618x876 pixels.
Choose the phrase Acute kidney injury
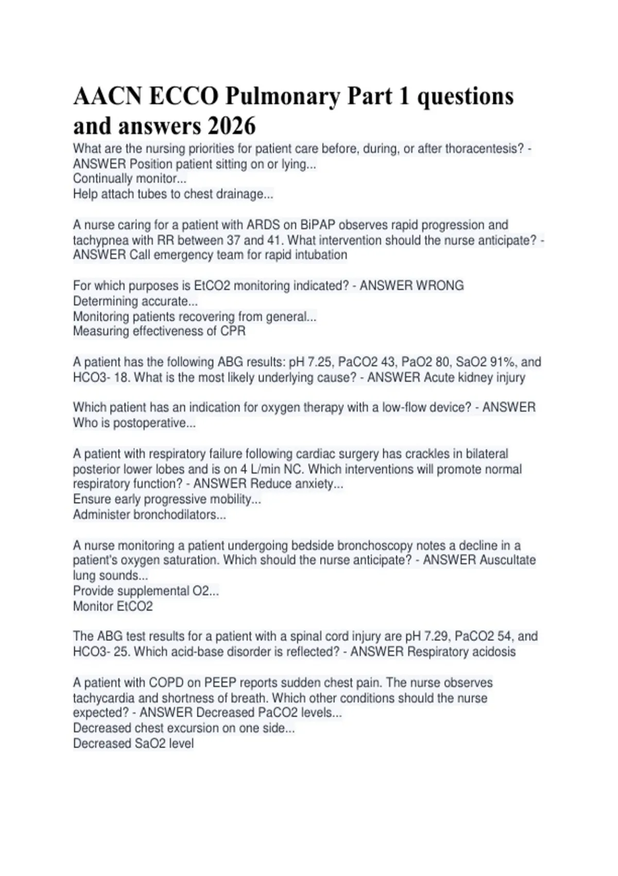coord(474,378)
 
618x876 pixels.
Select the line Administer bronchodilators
coord(149,515)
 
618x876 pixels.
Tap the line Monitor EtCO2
coord(113,607)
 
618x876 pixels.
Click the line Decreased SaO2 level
coord(133,744)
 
